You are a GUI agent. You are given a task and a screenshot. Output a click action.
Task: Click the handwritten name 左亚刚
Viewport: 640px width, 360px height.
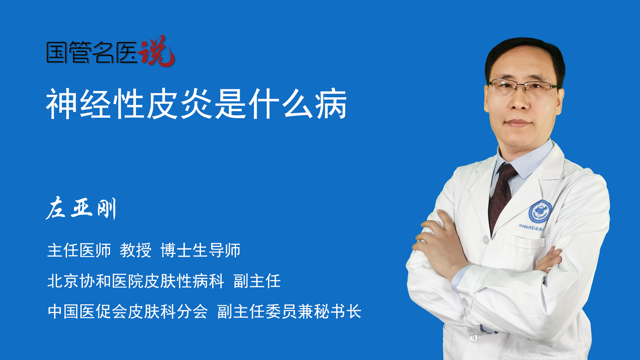(81, 208)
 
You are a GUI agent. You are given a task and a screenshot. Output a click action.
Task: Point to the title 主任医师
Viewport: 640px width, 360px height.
(79, 250)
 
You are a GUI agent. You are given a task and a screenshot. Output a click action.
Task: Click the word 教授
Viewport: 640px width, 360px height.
(136, 250)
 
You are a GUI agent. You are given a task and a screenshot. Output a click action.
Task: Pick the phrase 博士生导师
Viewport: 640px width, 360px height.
(200, 250)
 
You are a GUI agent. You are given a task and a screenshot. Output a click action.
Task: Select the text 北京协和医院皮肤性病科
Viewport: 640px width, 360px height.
(136, 281)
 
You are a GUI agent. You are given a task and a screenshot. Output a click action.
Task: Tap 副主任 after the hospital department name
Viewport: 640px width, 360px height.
(257, 281)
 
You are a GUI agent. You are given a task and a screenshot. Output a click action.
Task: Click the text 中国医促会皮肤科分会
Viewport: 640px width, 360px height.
(128, 312)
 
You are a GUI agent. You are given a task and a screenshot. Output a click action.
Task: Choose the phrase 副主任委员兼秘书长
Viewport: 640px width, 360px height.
(289, 312)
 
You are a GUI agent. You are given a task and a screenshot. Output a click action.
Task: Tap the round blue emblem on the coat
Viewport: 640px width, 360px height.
(540, 212)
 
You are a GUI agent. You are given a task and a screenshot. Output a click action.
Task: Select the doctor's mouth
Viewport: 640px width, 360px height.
(518, 123)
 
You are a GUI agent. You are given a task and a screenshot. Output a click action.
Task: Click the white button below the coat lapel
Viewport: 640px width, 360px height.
(486, 239)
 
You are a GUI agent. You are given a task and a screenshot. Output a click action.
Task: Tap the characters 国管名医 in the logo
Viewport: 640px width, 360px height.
(92, 52)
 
